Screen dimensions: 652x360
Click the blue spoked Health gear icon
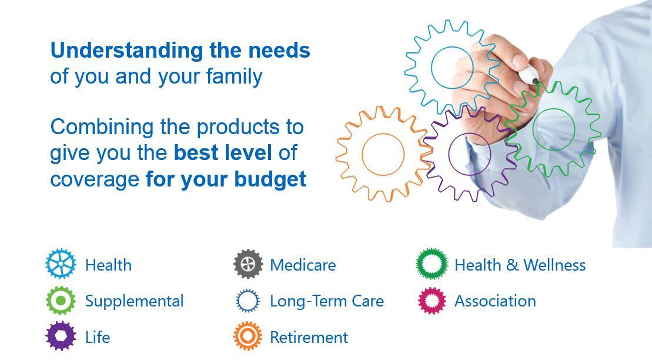coord(61,264)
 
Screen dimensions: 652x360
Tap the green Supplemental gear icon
coord(61,301)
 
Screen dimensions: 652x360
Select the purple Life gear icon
coord(61,336)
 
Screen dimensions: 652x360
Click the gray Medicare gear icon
coord(248,264)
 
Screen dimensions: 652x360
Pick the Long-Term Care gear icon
coord(248,301)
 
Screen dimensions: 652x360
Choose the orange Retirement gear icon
coord(248,335)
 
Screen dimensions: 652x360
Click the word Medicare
coord(303,265)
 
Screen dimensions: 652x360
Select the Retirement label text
coord(309,338)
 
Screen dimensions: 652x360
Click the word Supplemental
coord(134,302)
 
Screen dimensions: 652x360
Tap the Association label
coord(495,301)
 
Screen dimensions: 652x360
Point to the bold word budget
coord(270,180)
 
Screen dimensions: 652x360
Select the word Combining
coord(102,128)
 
